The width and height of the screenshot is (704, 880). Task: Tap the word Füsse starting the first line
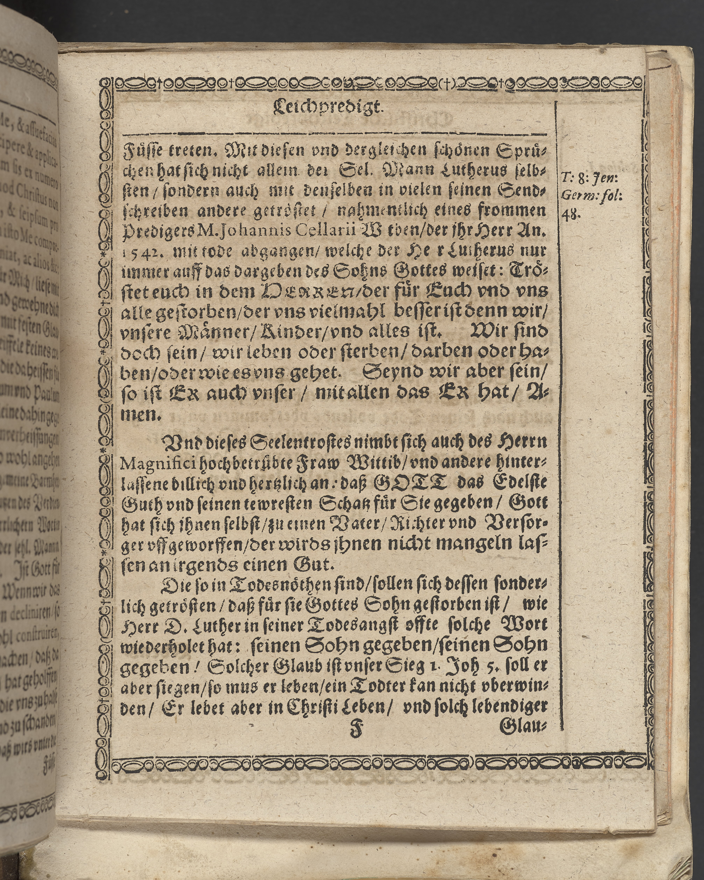click(141, 151)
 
